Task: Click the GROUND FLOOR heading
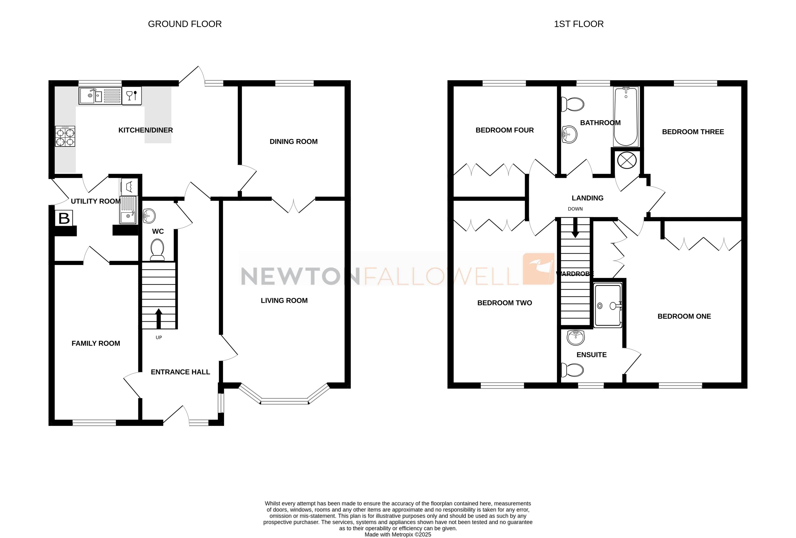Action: click(x=185, y=24)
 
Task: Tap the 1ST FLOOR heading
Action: click(x=579, y=24)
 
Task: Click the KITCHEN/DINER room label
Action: click(x=146, y=130)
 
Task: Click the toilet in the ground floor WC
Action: click(x=157, y=250)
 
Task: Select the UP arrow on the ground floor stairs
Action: click(x=159, y=319)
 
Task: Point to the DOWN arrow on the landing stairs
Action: click(x=575, y=228)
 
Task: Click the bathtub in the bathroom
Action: click(x=626, y=116)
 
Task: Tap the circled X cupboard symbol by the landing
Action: click(x=627, y=160)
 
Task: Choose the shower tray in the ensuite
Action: click(x=608, y=305)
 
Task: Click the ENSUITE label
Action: click(x=592, y=355)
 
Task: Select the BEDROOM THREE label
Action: click(x=693, y=132)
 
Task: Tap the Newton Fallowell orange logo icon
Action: click(x=538, y=269)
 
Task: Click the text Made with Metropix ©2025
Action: click(x=398, y=534)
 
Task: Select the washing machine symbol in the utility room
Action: click(x=129, y=187)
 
